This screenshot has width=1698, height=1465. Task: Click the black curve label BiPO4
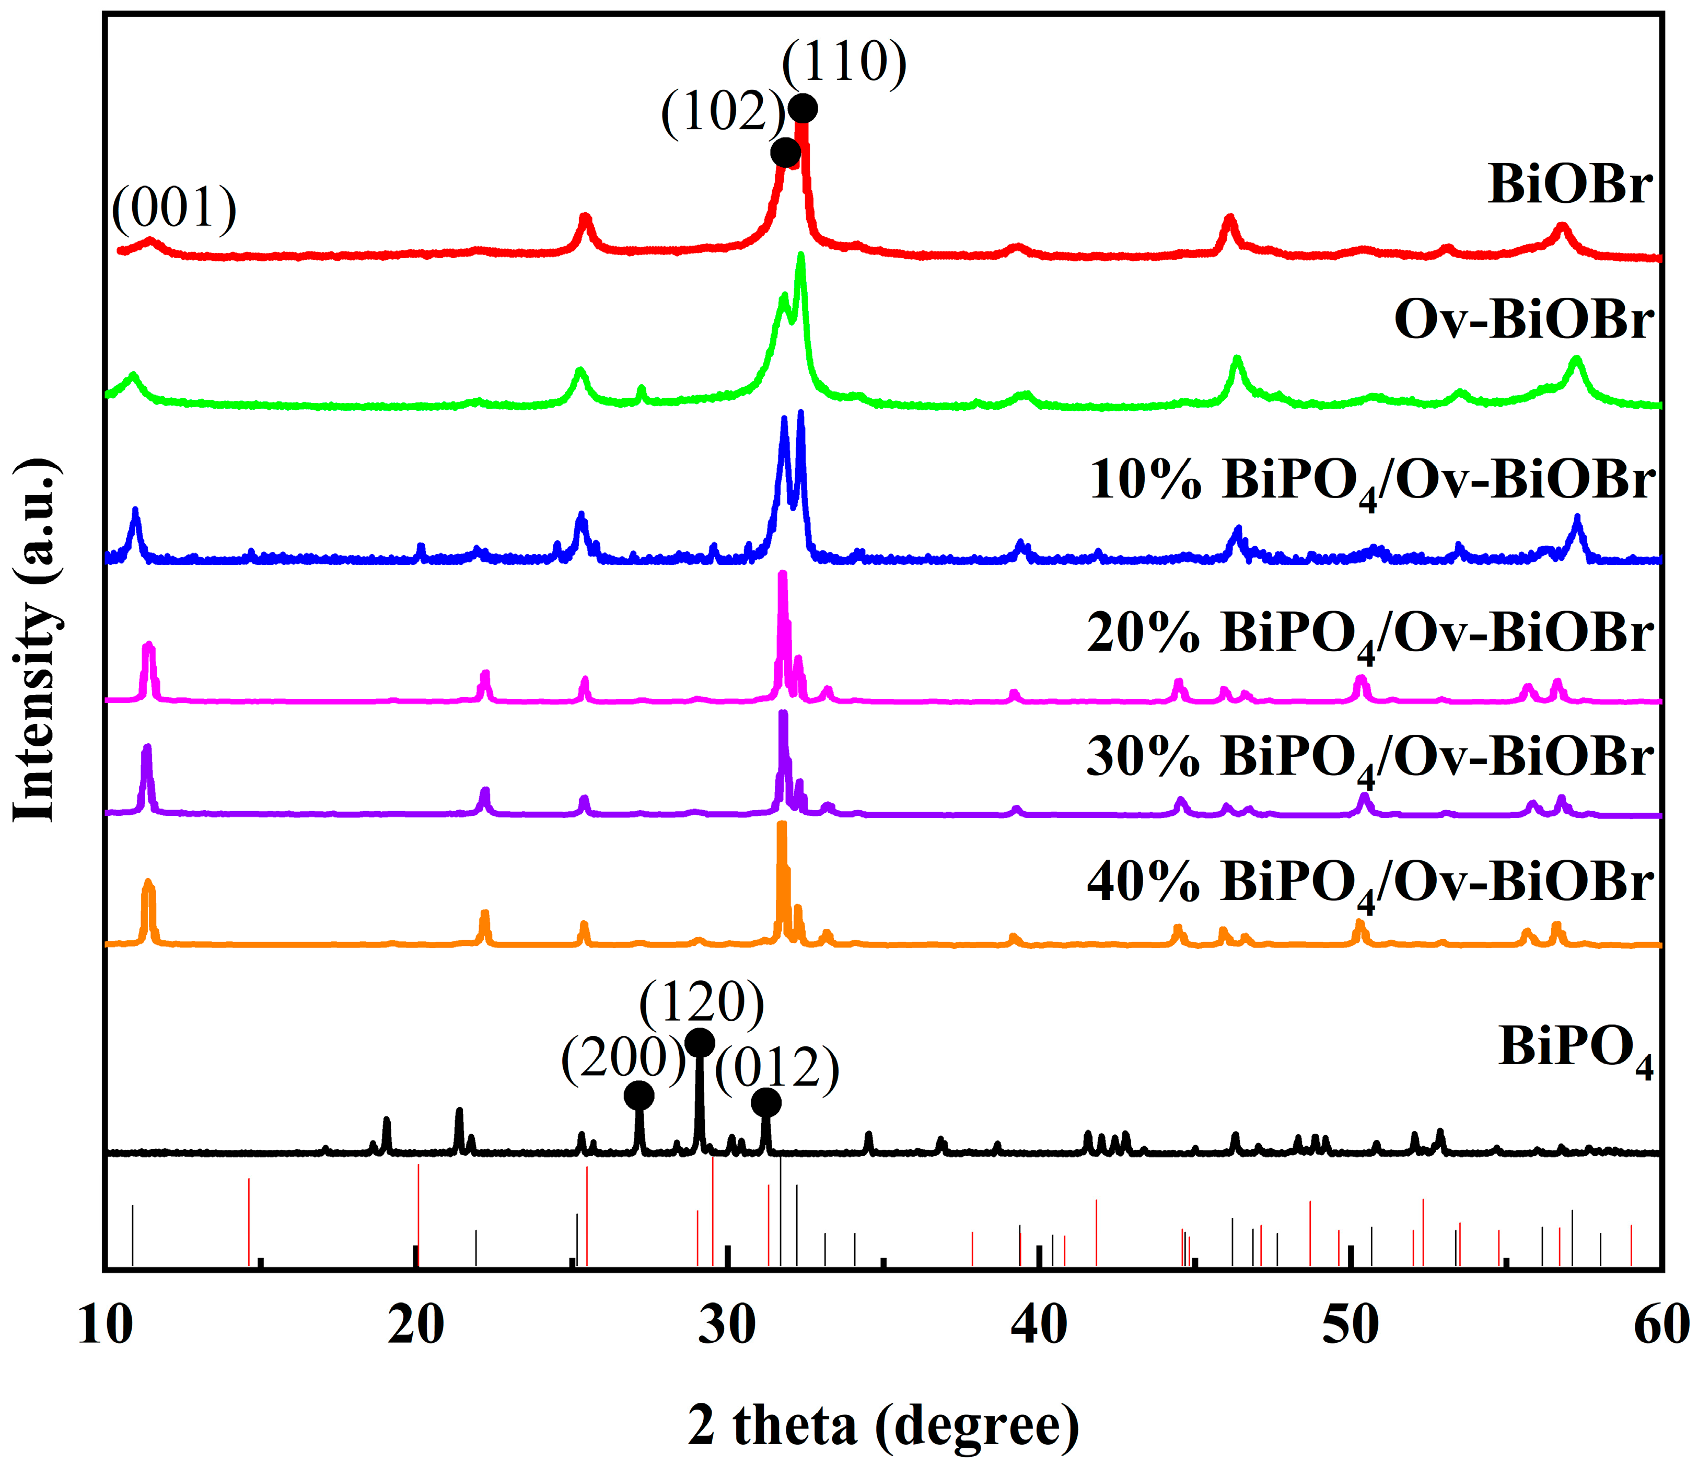pyautogui.click(x=1576, y=1049)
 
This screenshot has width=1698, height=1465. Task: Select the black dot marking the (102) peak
pyautogui.click(x=786, y=153)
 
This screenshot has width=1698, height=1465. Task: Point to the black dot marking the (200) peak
pyautogui.click(x=639, y=1095)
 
